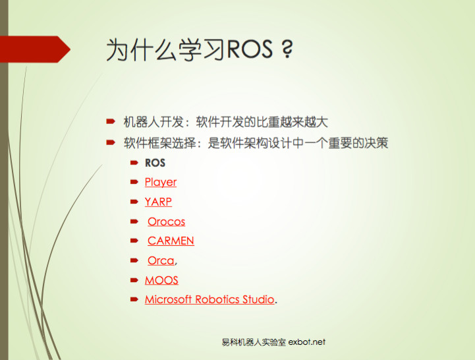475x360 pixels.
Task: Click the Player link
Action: tap(161, 182)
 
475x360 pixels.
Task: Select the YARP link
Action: tap(158, 202)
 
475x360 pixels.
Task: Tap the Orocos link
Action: tap(166, 222)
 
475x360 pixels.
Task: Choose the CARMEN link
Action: tap(171, 241)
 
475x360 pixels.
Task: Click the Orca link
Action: tap(161, 260)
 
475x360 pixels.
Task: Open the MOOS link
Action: tap(161, 280)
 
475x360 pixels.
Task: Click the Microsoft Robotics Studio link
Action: tap(210, 299)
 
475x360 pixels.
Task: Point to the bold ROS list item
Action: tap(155, 163)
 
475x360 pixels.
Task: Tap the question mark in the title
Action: tap(285, 50)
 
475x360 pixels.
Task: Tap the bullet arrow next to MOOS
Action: tap(134, 280)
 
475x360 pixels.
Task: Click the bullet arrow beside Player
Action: tap(134, 182)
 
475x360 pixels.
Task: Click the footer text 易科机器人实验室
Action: tap(254, 342)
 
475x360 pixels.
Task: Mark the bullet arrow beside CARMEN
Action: tap(134, 241)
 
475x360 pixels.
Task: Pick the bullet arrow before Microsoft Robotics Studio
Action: tap(134, 299)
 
